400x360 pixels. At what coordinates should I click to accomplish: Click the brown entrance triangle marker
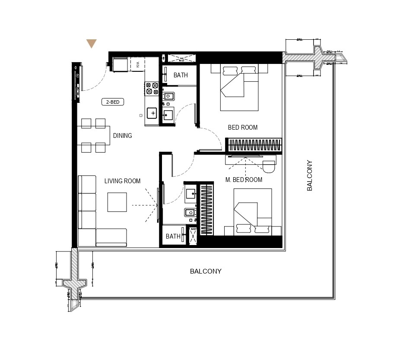(91, 44)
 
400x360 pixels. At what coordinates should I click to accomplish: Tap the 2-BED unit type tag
(113, 102)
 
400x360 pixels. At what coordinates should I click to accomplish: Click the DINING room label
(122, 136)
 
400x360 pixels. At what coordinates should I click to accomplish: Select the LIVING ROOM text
(122, 181)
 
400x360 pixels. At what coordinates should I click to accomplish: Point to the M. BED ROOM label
(244, 180)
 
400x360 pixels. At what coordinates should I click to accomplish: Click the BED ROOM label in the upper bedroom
(242, 127)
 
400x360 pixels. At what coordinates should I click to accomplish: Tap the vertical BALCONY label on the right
(309, 176)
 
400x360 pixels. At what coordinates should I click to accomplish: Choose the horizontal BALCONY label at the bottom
(206, 271)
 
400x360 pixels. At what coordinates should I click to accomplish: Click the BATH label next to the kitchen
(181, 75)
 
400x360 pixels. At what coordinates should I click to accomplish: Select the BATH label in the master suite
(173, 236)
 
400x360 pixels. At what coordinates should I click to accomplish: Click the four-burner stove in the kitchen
(152, 88)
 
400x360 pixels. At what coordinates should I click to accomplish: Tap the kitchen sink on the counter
(152, 113)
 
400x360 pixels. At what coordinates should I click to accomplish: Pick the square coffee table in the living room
(117, 202)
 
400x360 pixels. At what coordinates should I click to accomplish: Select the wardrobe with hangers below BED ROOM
(254, 145)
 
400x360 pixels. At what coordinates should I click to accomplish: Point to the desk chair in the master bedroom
(269, 166)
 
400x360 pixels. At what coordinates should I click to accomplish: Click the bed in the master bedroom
(253, 212)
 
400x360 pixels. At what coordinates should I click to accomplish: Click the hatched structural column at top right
(317, 57)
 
